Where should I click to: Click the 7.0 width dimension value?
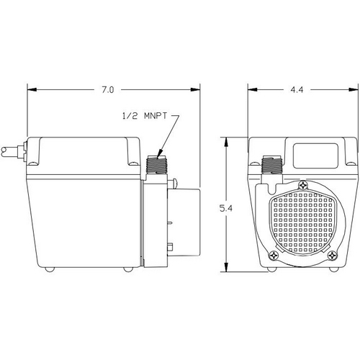(108, 90)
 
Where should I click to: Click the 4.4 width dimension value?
(297, 90)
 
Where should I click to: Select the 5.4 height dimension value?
(226, 208)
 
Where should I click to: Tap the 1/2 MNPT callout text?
(144, 117)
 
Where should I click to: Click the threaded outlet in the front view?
(272, 165)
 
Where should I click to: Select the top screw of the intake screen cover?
(303, 185)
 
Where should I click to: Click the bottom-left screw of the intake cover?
(273, 255)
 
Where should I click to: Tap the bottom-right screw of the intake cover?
(333, 255)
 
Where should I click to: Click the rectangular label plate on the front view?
(315, 156)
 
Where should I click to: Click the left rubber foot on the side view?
(50, 269)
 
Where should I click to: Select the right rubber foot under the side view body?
(128, 269)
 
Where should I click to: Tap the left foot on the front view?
(272, 269)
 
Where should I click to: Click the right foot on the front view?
(333, 269)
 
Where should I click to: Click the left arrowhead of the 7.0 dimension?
(32, 90)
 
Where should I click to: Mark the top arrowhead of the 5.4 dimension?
(226, 142)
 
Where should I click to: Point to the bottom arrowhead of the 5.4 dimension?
(226, 267)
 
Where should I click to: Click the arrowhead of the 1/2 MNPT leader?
(159, 154)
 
